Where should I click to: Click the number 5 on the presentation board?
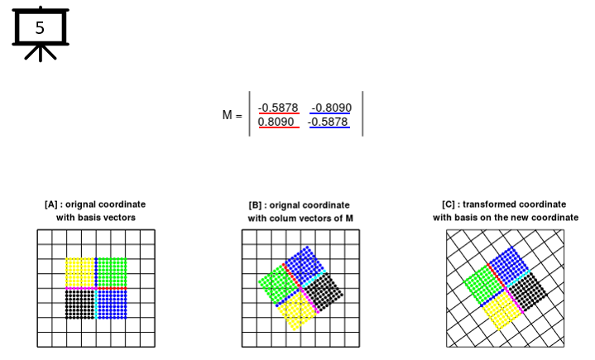[40, 28]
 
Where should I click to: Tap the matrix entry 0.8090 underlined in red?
[276, 122]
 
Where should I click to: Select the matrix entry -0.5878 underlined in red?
[278, 108]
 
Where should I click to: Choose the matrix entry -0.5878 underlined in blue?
[328, 122]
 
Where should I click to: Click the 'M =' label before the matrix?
[233, 114]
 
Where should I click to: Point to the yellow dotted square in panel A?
[80, 273]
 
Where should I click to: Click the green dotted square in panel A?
[113, 273]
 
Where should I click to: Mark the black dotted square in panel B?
[324, 292]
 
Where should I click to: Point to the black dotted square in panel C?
[528, 291]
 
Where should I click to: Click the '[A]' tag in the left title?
[50, 204]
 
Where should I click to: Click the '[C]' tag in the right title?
[449, 204]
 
